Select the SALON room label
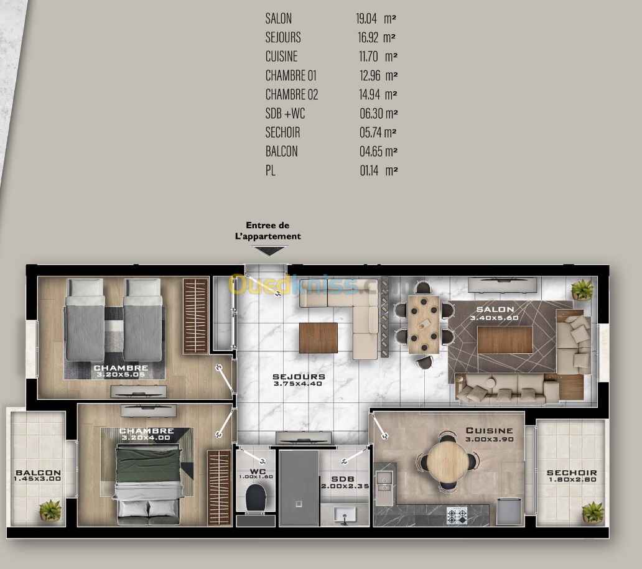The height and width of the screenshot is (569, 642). click(495, 310)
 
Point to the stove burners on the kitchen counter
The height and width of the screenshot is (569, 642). click(457, 515)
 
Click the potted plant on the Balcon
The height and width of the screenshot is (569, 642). click(50, 510)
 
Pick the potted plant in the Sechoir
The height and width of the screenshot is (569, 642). click(592, 512)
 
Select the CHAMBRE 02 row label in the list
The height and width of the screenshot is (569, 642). click(292, 95)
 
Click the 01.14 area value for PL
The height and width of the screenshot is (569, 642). click(369, 170)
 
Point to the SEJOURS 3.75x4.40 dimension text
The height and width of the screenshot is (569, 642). click(297, 384)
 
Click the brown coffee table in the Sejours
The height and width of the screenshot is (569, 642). click(318, 338)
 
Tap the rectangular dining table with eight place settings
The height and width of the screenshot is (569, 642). click(424, 324)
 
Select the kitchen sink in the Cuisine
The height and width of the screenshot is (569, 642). click(384, 481)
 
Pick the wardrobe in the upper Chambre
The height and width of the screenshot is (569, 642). click(196, 316)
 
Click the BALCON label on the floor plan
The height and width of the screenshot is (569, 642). click(38, 473)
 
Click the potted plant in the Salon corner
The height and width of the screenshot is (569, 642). click(582, 289)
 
